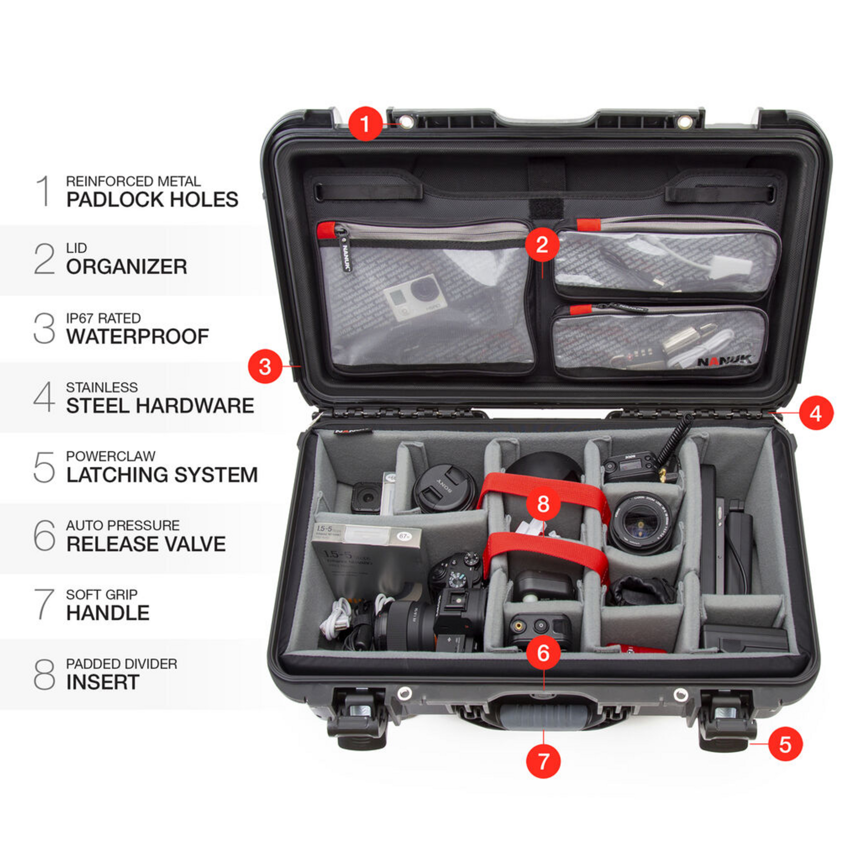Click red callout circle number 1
click(x=365, y=124)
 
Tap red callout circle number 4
click(x=816, y=413)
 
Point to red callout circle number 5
click(x=785, y=744)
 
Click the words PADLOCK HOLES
click(x=152, y=200)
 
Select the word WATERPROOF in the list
click(x=137, y=337)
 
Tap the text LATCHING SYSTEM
click(x=162, y=475)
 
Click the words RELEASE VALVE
click(x=146, y=544)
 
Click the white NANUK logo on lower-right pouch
click(x=724, y=361)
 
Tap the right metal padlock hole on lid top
click(x=685, y=122)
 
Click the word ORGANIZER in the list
click(x=127, y=267)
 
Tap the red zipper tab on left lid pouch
click(x=326, y=230)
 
